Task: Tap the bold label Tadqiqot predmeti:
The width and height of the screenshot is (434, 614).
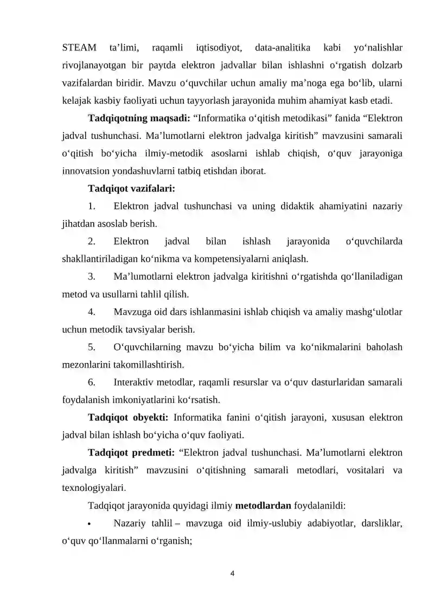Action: pyautogui.click(x=131, y=453)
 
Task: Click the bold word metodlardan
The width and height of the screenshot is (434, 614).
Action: pyautogui.click(x=263, y=506)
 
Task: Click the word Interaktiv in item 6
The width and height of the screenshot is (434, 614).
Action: pyautogui.click(x=135, y=382)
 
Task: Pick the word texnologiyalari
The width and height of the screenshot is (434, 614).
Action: pyautogui.click(x=94, y=488)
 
